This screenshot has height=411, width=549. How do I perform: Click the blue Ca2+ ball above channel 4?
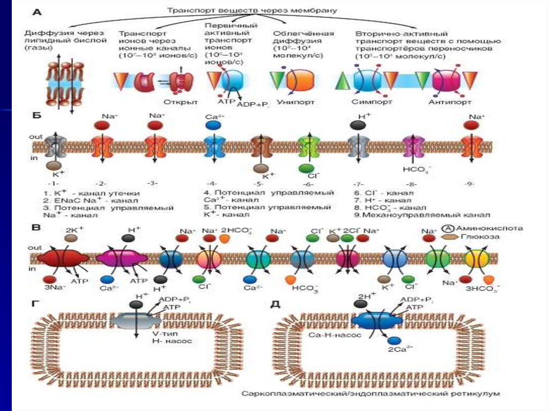tap(213, 125)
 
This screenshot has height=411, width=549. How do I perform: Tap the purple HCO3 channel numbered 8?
tap(413, 146)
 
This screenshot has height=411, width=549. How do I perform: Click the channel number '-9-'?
tap(470, 184)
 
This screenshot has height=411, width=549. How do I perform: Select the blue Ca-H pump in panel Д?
tap(376, 320)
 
